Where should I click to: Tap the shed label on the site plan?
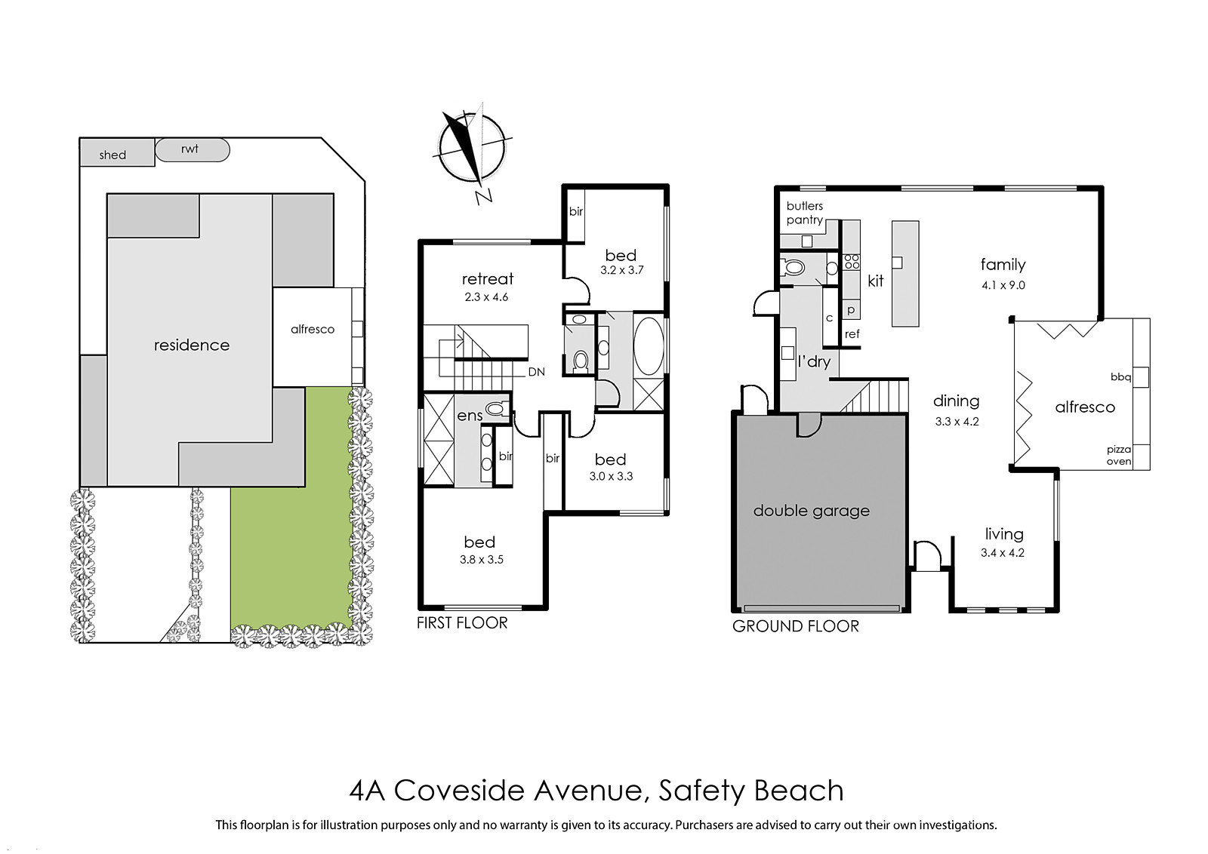click(112, 155)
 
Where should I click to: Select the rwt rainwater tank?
click(193, 150)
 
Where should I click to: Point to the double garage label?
click(811, 511)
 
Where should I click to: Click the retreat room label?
click(488, 278)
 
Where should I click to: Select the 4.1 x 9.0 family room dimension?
click(1003, 286)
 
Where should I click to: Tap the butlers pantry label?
click(805, 213)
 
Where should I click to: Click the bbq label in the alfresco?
click(1120, 377)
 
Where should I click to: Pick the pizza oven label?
click(1119, 455)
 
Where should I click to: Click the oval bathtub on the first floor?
click(649, 346)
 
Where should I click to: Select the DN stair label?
click(536, 372)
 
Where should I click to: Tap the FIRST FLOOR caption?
click(462, 623)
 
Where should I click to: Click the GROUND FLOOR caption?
click(796, 626)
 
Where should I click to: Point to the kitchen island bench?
click(905, 273)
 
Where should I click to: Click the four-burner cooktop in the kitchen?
click(852, 262)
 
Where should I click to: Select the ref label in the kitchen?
click(852, 334)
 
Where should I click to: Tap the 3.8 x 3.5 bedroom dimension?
click(482, 560)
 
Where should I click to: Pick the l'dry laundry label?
click(814, 361)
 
